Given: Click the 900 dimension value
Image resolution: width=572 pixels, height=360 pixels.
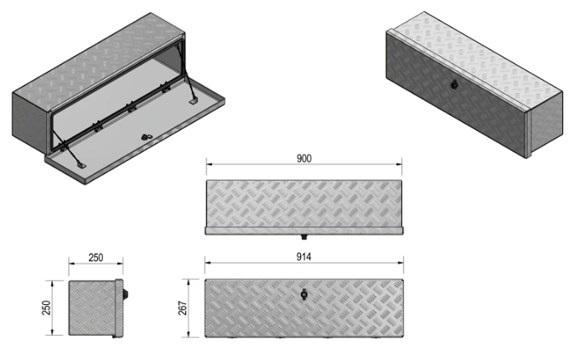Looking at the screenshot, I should click(304, 158).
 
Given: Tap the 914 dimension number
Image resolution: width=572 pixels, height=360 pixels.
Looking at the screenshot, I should click(304, 257).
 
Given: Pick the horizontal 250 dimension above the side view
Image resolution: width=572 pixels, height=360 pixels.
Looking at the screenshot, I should click(95, 257).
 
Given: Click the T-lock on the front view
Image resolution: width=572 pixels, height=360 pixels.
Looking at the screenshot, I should click(304, 295).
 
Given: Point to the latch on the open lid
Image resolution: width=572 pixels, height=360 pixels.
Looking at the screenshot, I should click(145, 138).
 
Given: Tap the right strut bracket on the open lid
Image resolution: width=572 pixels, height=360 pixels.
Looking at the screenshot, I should click(193, 102).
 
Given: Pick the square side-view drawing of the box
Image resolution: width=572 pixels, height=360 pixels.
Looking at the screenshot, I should click(94, 308).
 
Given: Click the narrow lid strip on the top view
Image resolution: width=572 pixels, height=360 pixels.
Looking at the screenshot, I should click(304, 230).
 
